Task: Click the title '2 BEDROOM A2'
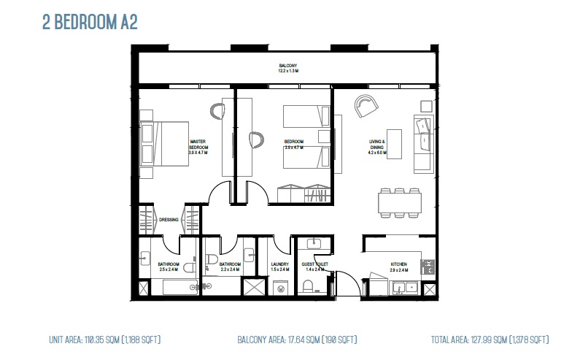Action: click(90, 22)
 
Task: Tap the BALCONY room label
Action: click(287, 69)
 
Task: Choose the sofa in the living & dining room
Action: click(423, 143)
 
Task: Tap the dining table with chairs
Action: click(399, 202)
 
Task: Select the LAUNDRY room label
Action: click(279, 266)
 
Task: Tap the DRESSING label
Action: click(169, 218)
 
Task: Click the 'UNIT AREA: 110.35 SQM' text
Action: click(104, 340)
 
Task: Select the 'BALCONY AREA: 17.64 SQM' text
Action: click(297, 340)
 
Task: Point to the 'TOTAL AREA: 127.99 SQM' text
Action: click(490, 340)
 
